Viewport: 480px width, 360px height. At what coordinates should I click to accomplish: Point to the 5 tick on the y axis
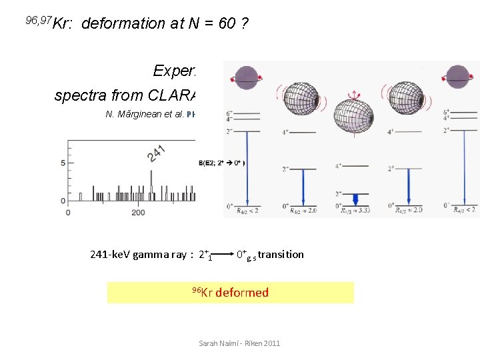click(62, 163)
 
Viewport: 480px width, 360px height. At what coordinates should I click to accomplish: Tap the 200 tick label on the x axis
click(139, 212)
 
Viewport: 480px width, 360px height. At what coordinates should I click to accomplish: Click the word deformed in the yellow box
click(242, 293)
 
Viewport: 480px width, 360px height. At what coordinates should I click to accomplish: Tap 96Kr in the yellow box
click(201, 292)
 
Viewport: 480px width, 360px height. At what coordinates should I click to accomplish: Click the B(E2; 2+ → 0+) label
click(221, 163)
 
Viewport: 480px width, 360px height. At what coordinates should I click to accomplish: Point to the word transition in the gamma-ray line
click(281, 254)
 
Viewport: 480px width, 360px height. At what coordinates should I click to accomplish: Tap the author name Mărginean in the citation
click(136, 114)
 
